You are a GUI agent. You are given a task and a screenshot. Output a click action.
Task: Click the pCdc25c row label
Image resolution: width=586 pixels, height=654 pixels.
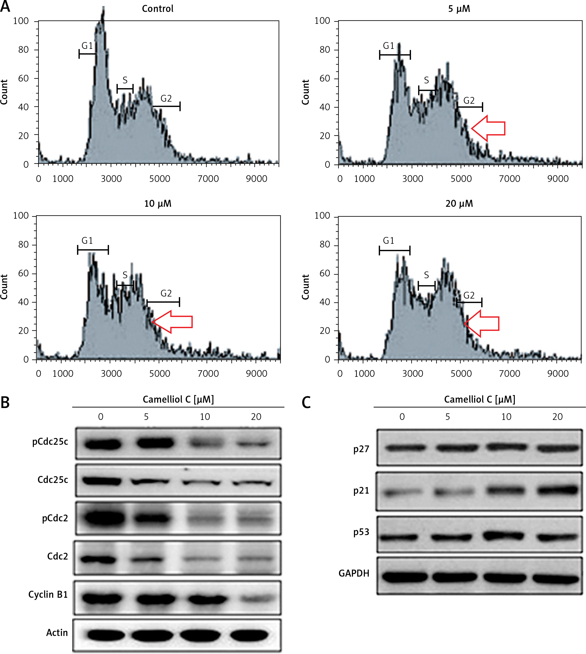coord(50,442)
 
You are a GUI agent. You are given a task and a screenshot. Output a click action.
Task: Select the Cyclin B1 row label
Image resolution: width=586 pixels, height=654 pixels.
coord(48,594)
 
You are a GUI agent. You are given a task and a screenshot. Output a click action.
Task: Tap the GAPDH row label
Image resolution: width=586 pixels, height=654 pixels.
coord(354,574)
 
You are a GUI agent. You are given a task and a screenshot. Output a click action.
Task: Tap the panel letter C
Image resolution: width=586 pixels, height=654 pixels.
coord(306,402)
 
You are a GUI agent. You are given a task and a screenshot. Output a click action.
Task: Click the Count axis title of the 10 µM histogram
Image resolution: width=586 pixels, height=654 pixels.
coord(4,287)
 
